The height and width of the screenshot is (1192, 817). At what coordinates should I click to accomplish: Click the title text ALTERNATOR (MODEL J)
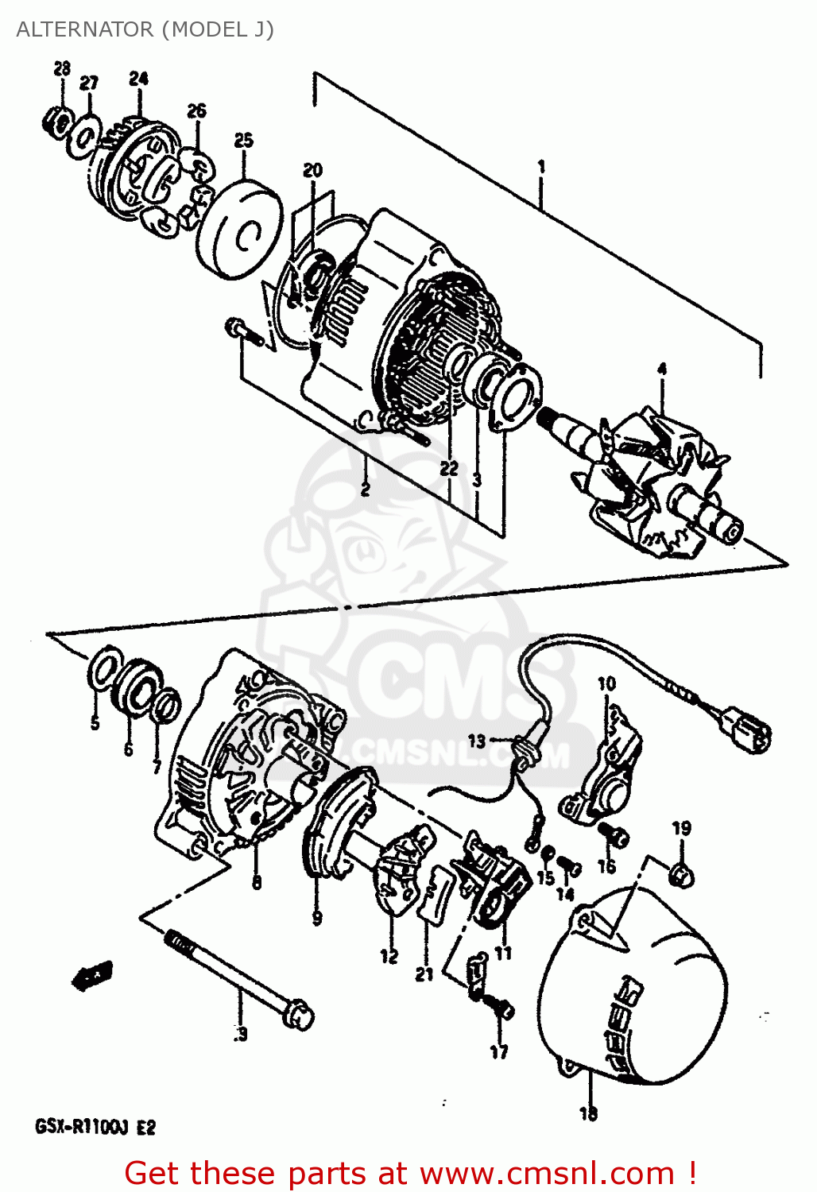[x=145, y=29]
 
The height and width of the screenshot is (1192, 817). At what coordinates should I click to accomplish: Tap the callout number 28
[x=62, y=69]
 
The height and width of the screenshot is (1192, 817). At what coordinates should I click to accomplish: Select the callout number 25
[x=243, y=141]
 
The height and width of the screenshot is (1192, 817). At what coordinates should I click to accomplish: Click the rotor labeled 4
[x=652, y=477]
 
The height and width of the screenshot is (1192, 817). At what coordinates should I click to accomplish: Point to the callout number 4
[x=661, y=369]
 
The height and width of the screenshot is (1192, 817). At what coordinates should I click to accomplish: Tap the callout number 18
[x=588, y=1113]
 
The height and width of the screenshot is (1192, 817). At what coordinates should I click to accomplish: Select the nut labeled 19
[x=682, y=874]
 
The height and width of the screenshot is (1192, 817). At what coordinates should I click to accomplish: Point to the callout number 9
[x=317, y=918]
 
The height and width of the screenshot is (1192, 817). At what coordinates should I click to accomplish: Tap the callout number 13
[x=476, y=741]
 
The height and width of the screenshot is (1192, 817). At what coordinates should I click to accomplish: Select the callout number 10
[x=606, y=683]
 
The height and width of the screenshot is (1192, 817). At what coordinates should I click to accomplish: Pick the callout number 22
[x=449, y=468]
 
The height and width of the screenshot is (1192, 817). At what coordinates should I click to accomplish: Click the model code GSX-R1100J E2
[x=95, y=1127]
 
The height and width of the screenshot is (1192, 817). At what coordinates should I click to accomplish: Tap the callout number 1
[x=541, y=167]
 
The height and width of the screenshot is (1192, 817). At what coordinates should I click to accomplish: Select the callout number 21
[x=424, y=973]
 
